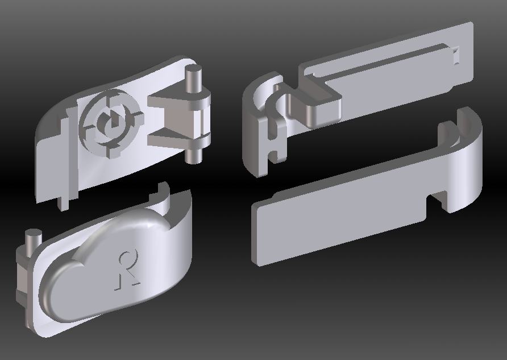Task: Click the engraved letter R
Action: (x=128, y=270)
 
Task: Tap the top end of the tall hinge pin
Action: (x=193, y=69)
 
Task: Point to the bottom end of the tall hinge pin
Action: (x=193, y=158)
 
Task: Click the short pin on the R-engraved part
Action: (x=34, y=239)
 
